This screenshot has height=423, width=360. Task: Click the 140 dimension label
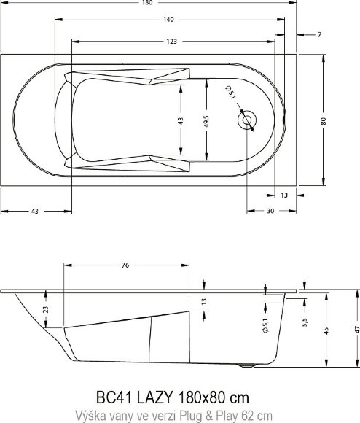click(x=168, y=20)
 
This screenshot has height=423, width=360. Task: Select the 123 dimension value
click(x=171, y=42)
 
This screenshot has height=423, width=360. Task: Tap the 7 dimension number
click(x=320, y=35)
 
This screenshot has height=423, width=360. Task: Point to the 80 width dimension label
click(x=324, y=121)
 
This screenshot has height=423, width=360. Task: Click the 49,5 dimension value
click(x=207, y=121)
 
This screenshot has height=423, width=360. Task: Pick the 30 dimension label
click(x=270, y=211)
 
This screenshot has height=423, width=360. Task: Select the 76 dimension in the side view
click(x=125, y=265)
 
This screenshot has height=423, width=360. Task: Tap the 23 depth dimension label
click(x=46, y=309)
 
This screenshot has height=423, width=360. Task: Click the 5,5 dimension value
click(x=305, y=322)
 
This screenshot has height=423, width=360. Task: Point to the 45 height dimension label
click(x=326, y=330)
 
